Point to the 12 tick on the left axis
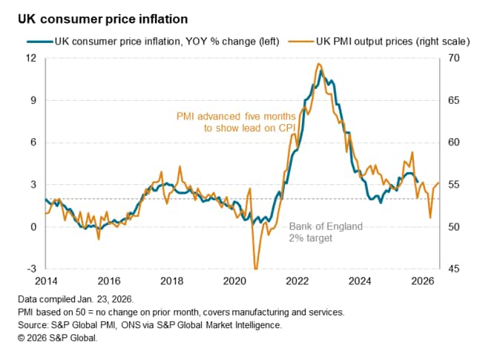pyautogui.click(x=32, y=58)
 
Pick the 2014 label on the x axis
pyautogui.click(x=46, y=281)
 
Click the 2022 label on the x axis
pyautogui.click(x=297, y=281)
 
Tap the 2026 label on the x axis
pyautogui.click(x=423, y=281)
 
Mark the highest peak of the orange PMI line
pyautogui.click(x=318, y=64)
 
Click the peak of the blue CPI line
pyautogui.click(x=320, y=71)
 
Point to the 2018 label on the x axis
pyautogui.click(x=172, y=281)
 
